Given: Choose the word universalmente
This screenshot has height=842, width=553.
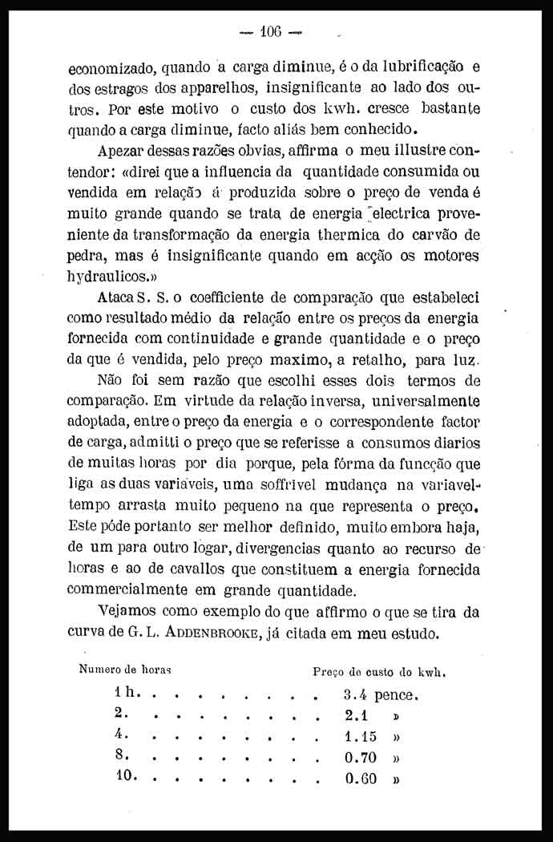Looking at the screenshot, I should click(423, 402).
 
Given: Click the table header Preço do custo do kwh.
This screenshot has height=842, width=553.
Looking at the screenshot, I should click(378, 672).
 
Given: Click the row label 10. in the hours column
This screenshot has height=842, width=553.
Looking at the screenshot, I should click(127, 776).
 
